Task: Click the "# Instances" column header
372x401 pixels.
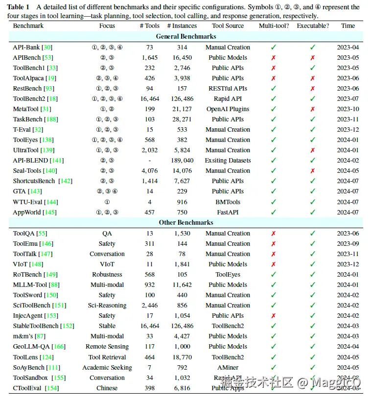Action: pyautogui.click(x=183, y=26)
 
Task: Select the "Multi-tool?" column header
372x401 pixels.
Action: pyautogui.click(x=274, y=26)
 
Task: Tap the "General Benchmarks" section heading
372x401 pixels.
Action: pyautogui.click(x=186, y=36)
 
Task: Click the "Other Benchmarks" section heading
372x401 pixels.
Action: pyautogui.click(x=186, y=222)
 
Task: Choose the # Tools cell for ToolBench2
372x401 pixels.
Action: pyautogui.click(x=150, y=99)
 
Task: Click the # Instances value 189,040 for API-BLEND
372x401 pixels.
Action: pyautogui.click(x=183, y=161)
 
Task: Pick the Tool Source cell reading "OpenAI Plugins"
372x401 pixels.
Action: pyautogui.click(x=228, y=109)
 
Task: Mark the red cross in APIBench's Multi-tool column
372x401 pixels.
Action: pyautogui.click(x=274, y=58)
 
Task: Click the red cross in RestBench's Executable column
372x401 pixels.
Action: pyautogui.click(x=313, y=89)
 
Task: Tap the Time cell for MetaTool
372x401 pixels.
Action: pyautogui.click(x=348, y=109)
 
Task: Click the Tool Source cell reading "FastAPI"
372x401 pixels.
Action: pyautogui.click(x=228, y=212)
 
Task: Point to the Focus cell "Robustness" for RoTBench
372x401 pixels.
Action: pyautogui.click(x=107, y=275)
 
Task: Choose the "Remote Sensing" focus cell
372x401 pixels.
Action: pyautogui.click(x=107, y=347)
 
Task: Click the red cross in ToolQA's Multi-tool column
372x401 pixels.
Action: pyautogui.click(x=274, y=234)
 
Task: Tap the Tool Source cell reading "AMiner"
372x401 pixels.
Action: pyautogui.click(x=228, y=367)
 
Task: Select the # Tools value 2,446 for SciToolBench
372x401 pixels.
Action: pyautogui.click(x=150, y=306)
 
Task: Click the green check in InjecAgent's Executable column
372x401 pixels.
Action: pyautogui.click(x=313, y=316)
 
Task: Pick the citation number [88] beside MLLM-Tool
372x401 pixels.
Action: pyautogui.click(x=54, y=285)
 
